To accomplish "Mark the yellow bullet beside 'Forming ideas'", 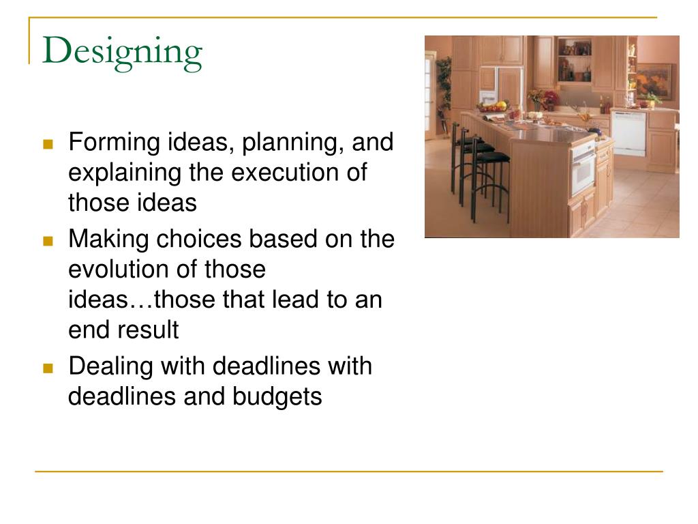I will [x=48, y=145].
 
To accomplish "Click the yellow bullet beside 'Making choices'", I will [x=48, y=241].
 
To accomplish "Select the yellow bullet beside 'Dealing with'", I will [x=48, y=368].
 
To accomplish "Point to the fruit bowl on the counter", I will [x=492, y=106].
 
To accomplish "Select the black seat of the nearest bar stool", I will [x=493, y=157].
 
